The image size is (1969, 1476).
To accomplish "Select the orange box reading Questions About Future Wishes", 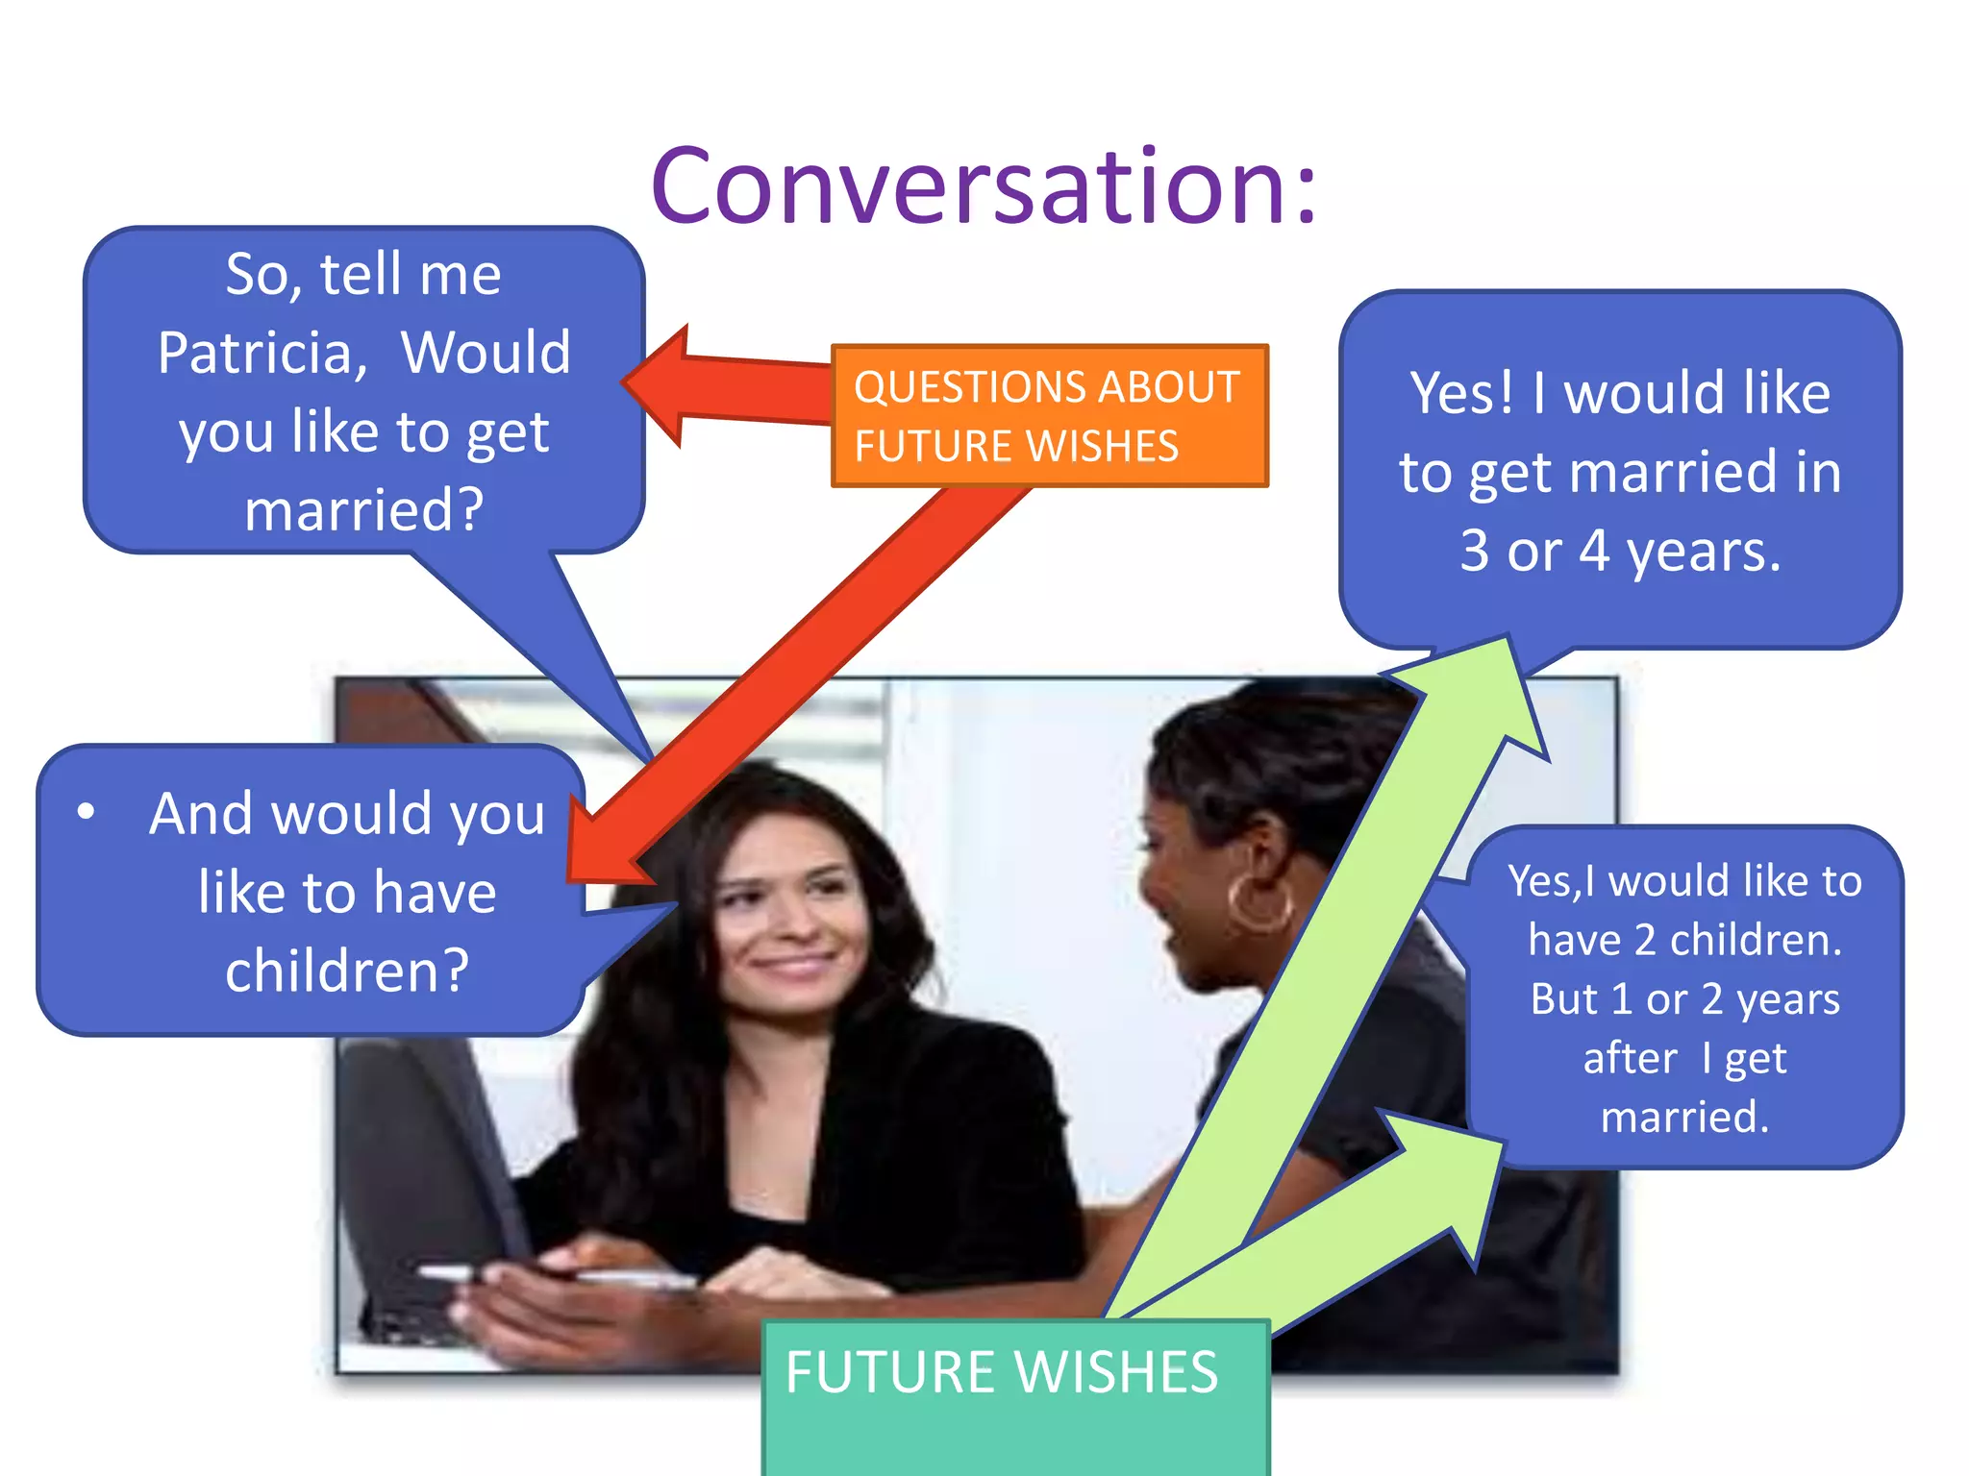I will point(1049,416).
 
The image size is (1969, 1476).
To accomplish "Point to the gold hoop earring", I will point(1259,902).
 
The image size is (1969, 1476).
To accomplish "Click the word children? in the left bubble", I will point(347,971).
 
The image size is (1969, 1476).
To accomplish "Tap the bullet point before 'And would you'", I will point(87,812).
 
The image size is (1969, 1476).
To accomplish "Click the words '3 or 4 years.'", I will point(1620,551).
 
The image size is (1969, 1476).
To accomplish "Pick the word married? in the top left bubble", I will point(363,509).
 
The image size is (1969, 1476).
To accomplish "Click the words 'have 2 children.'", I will point(1684,940).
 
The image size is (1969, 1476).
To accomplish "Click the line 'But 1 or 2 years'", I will point(1684,999).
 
